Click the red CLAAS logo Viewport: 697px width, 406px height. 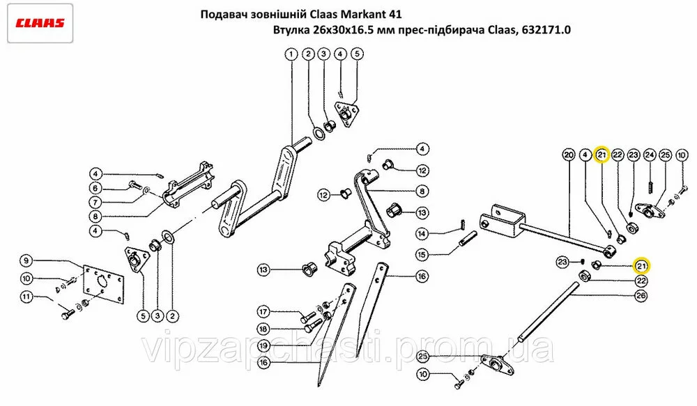point(40,23)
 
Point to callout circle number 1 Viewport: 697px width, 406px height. point(291,55)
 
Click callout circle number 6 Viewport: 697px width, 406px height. point(95,188)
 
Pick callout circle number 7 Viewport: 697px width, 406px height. point(95,203)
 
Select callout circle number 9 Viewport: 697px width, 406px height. point(26,260)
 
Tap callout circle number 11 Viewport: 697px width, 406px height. point(27,296)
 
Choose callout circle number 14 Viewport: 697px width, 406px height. point(422,233)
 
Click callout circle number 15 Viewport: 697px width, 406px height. point(422,254)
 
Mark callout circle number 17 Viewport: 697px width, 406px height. point(263,312)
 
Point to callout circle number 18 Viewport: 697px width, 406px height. point(263,329)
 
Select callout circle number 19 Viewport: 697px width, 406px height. point(263,345)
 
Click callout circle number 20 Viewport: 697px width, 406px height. point(569,155)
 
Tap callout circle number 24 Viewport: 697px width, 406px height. point(650,155)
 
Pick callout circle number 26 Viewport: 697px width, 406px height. point(641,295)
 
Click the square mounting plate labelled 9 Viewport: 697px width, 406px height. point(102,286)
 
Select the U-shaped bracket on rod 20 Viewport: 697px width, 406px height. point(503,221)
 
